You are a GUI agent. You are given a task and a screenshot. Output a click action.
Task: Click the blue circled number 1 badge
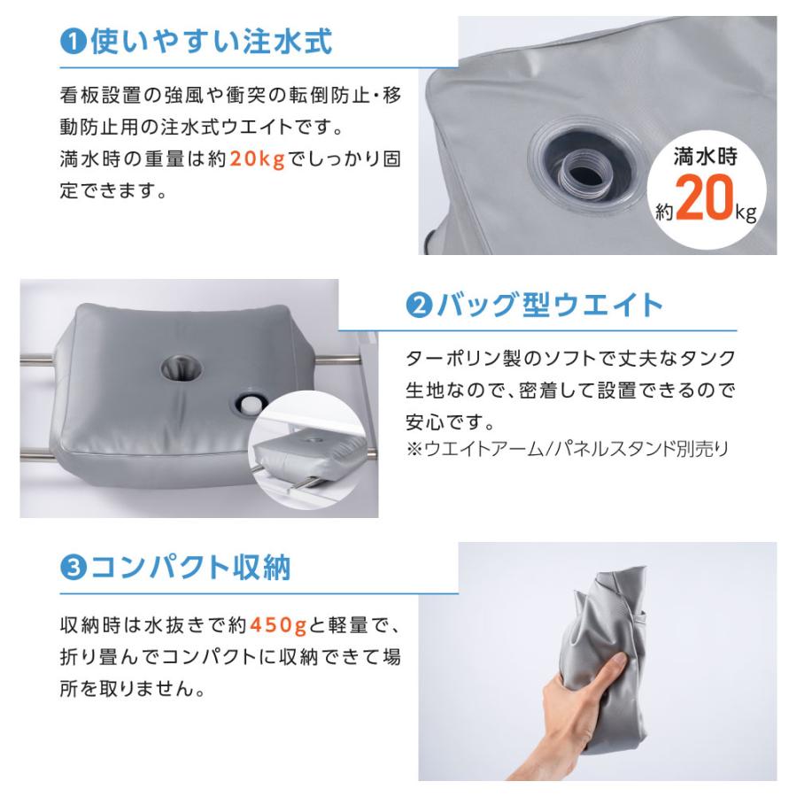pos(74,42)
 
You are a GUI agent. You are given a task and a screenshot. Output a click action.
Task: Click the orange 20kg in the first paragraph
pos(258,160)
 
